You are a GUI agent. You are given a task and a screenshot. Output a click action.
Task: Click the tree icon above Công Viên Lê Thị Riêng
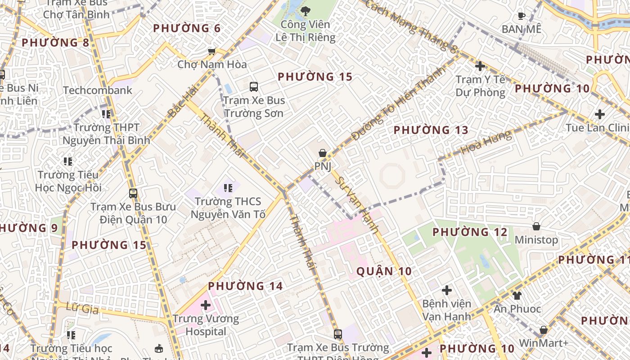(306, 10)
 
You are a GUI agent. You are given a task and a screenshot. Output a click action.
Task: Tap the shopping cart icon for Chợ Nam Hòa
(211, 52)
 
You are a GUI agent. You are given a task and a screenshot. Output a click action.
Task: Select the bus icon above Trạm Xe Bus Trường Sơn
(254, 86)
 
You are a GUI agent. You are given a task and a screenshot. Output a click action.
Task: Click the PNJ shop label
(323, 166)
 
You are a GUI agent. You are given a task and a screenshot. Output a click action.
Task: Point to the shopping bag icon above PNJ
(323, 153)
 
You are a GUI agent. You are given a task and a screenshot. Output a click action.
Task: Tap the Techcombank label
(98, 90)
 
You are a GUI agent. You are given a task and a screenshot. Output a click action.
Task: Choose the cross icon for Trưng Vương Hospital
(206, 305)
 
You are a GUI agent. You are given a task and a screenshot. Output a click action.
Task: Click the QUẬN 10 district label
(384, 271)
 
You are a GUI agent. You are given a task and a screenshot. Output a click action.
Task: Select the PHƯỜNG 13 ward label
(431, 130)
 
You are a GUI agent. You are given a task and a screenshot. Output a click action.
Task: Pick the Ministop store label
(536, 240)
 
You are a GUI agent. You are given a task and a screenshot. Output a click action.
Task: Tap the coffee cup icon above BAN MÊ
(521, 16)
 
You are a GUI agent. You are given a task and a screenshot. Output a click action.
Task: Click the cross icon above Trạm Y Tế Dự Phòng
(480, 66)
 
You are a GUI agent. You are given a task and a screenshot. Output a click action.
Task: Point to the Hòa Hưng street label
(487, 142)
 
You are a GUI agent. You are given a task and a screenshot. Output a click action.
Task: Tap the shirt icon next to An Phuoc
(517, 295)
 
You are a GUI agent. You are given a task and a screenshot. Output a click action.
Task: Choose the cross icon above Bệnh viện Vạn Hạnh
(446, 290)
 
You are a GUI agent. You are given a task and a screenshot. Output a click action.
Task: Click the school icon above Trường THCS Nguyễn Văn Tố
(228, 188)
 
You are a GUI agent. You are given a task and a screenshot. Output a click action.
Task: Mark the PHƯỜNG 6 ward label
(186, 28)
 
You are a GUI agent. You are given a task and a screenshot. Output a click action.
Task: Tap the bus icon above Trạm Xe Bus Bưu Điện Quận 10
(133, 193)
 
